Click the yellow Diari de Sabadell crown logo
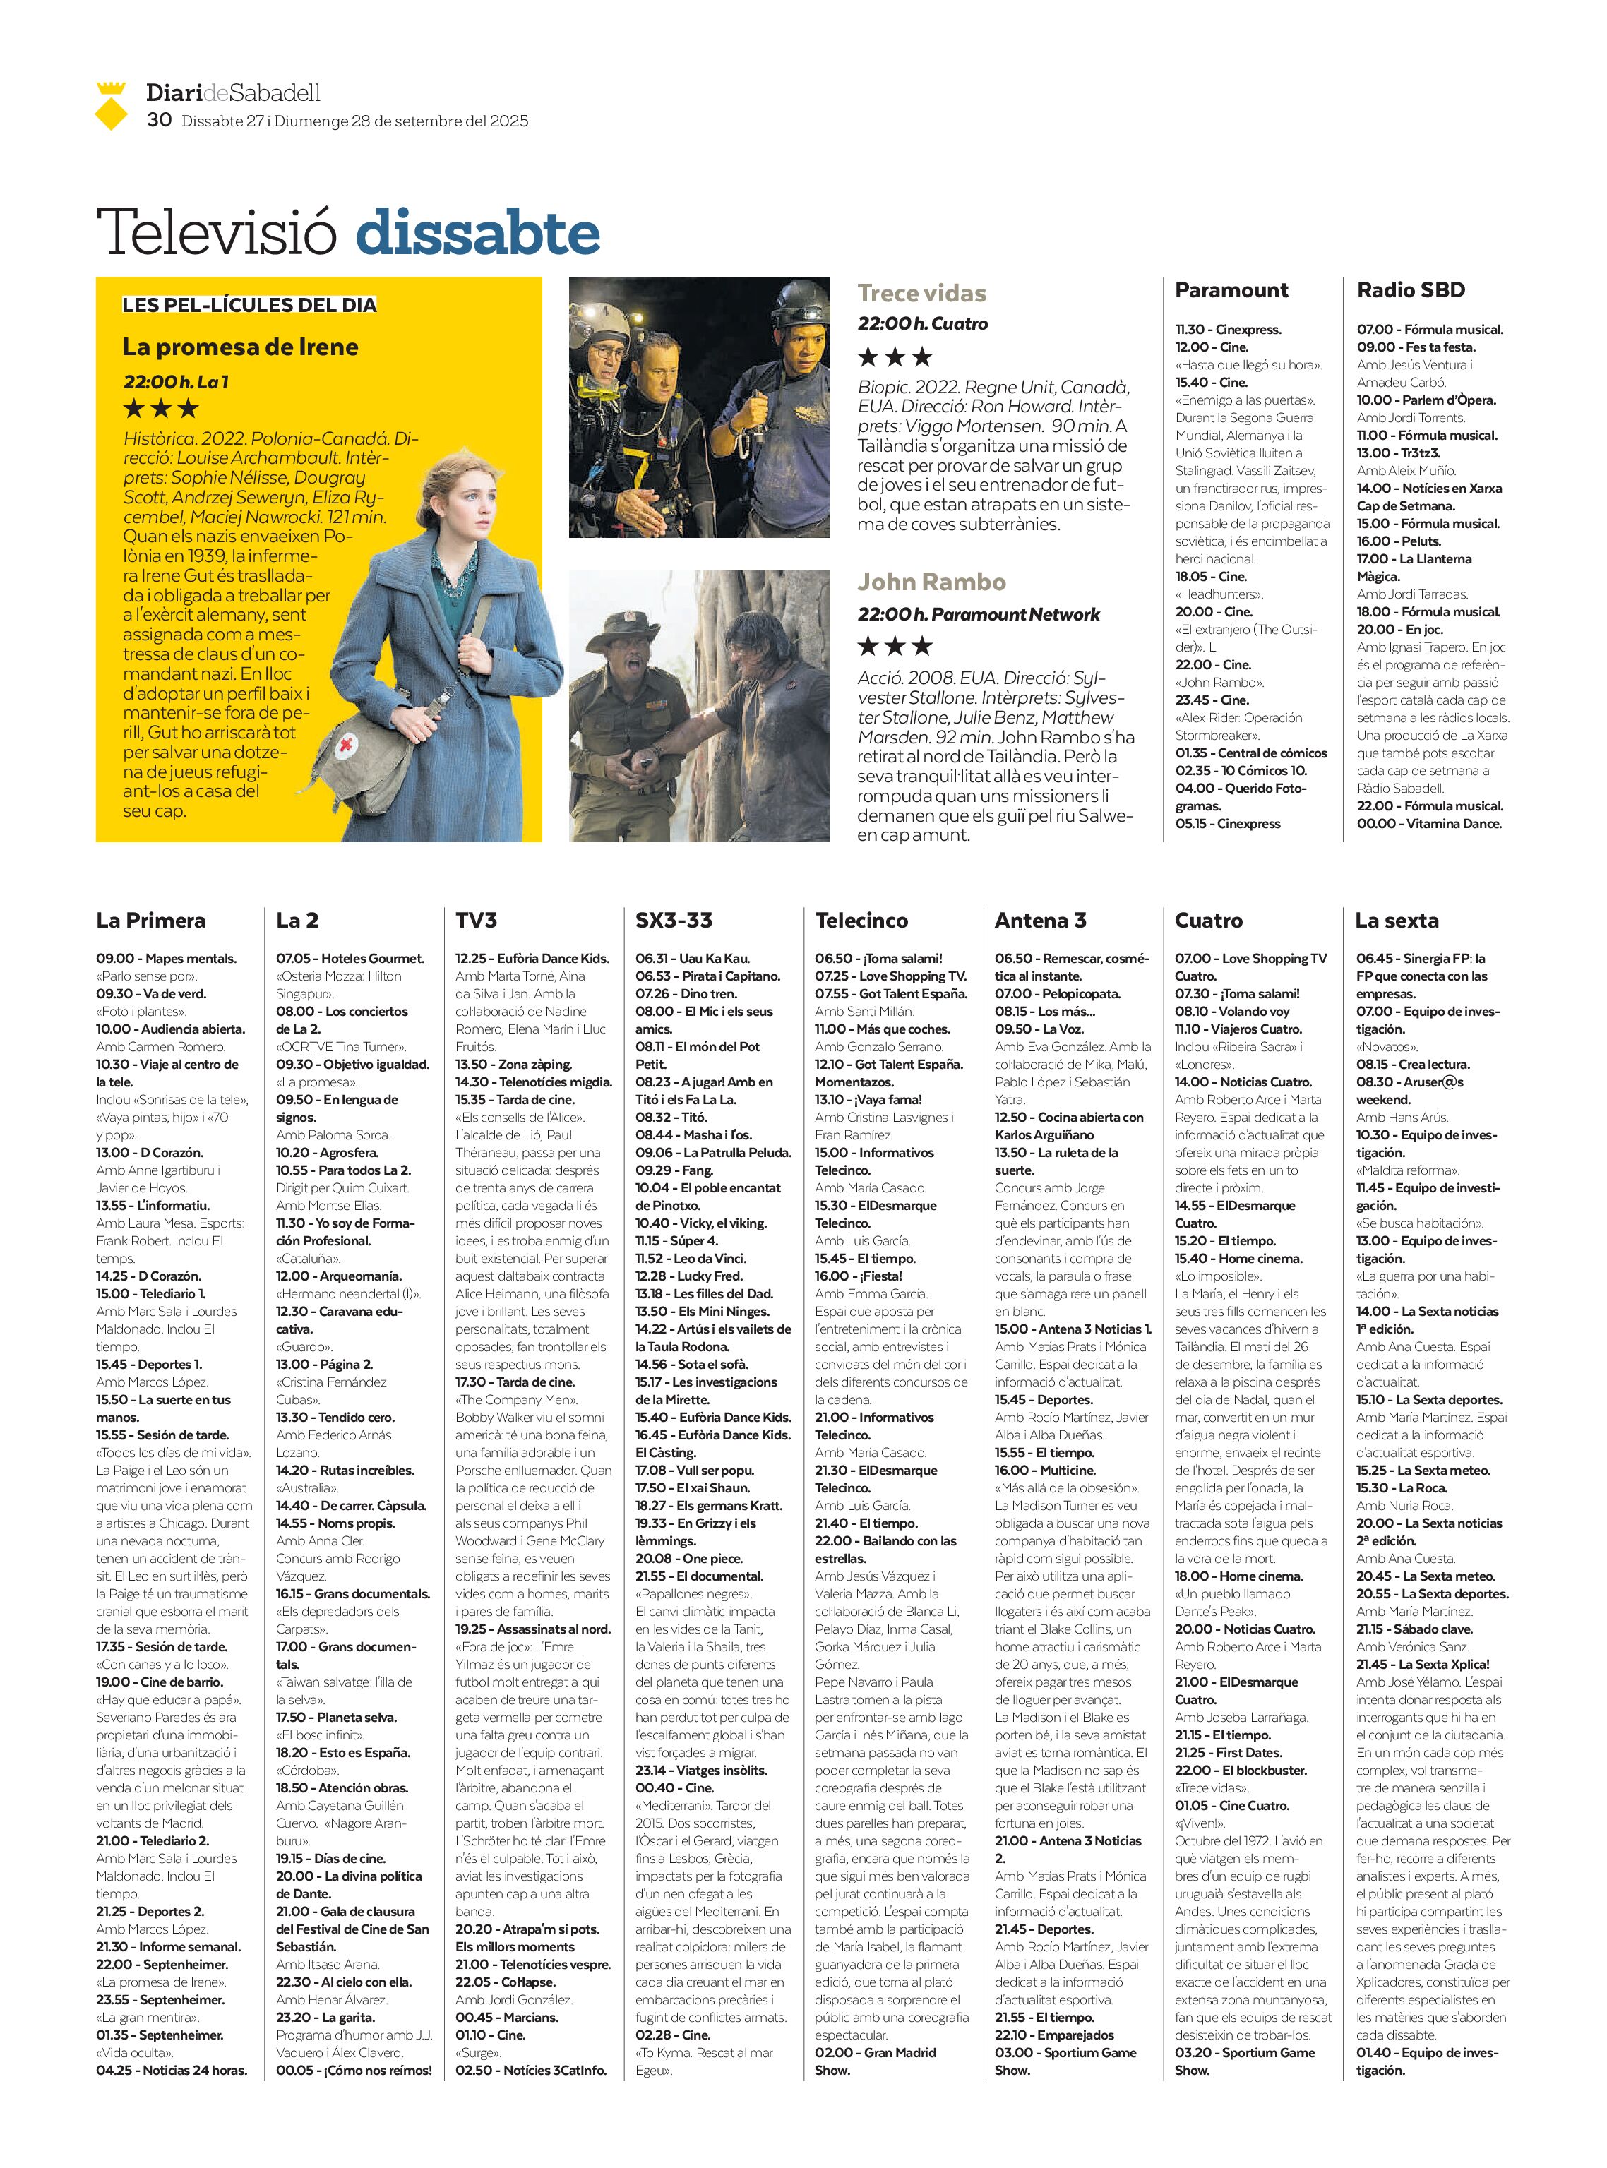point(112,105)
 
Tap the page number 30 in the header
point(159,119)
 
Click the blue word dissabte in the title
point(477,234)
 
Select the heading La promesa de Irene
point(240,347)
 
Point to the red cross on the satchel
point(345,747)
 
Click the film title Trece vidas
point(921,293)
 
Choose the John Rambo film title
point(931,582)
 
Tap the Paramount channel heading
point(1231,290)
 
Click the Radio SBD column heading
point(1411,290)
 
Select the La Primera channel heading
point(151,920)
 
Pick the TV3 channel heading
point(476,920)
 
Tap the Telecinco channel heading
point(861,920)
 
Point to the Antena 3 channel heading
point(1040,920)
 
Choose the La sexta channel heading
point(1396,920)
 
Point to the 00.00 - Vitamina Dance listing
point(1429,824)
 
